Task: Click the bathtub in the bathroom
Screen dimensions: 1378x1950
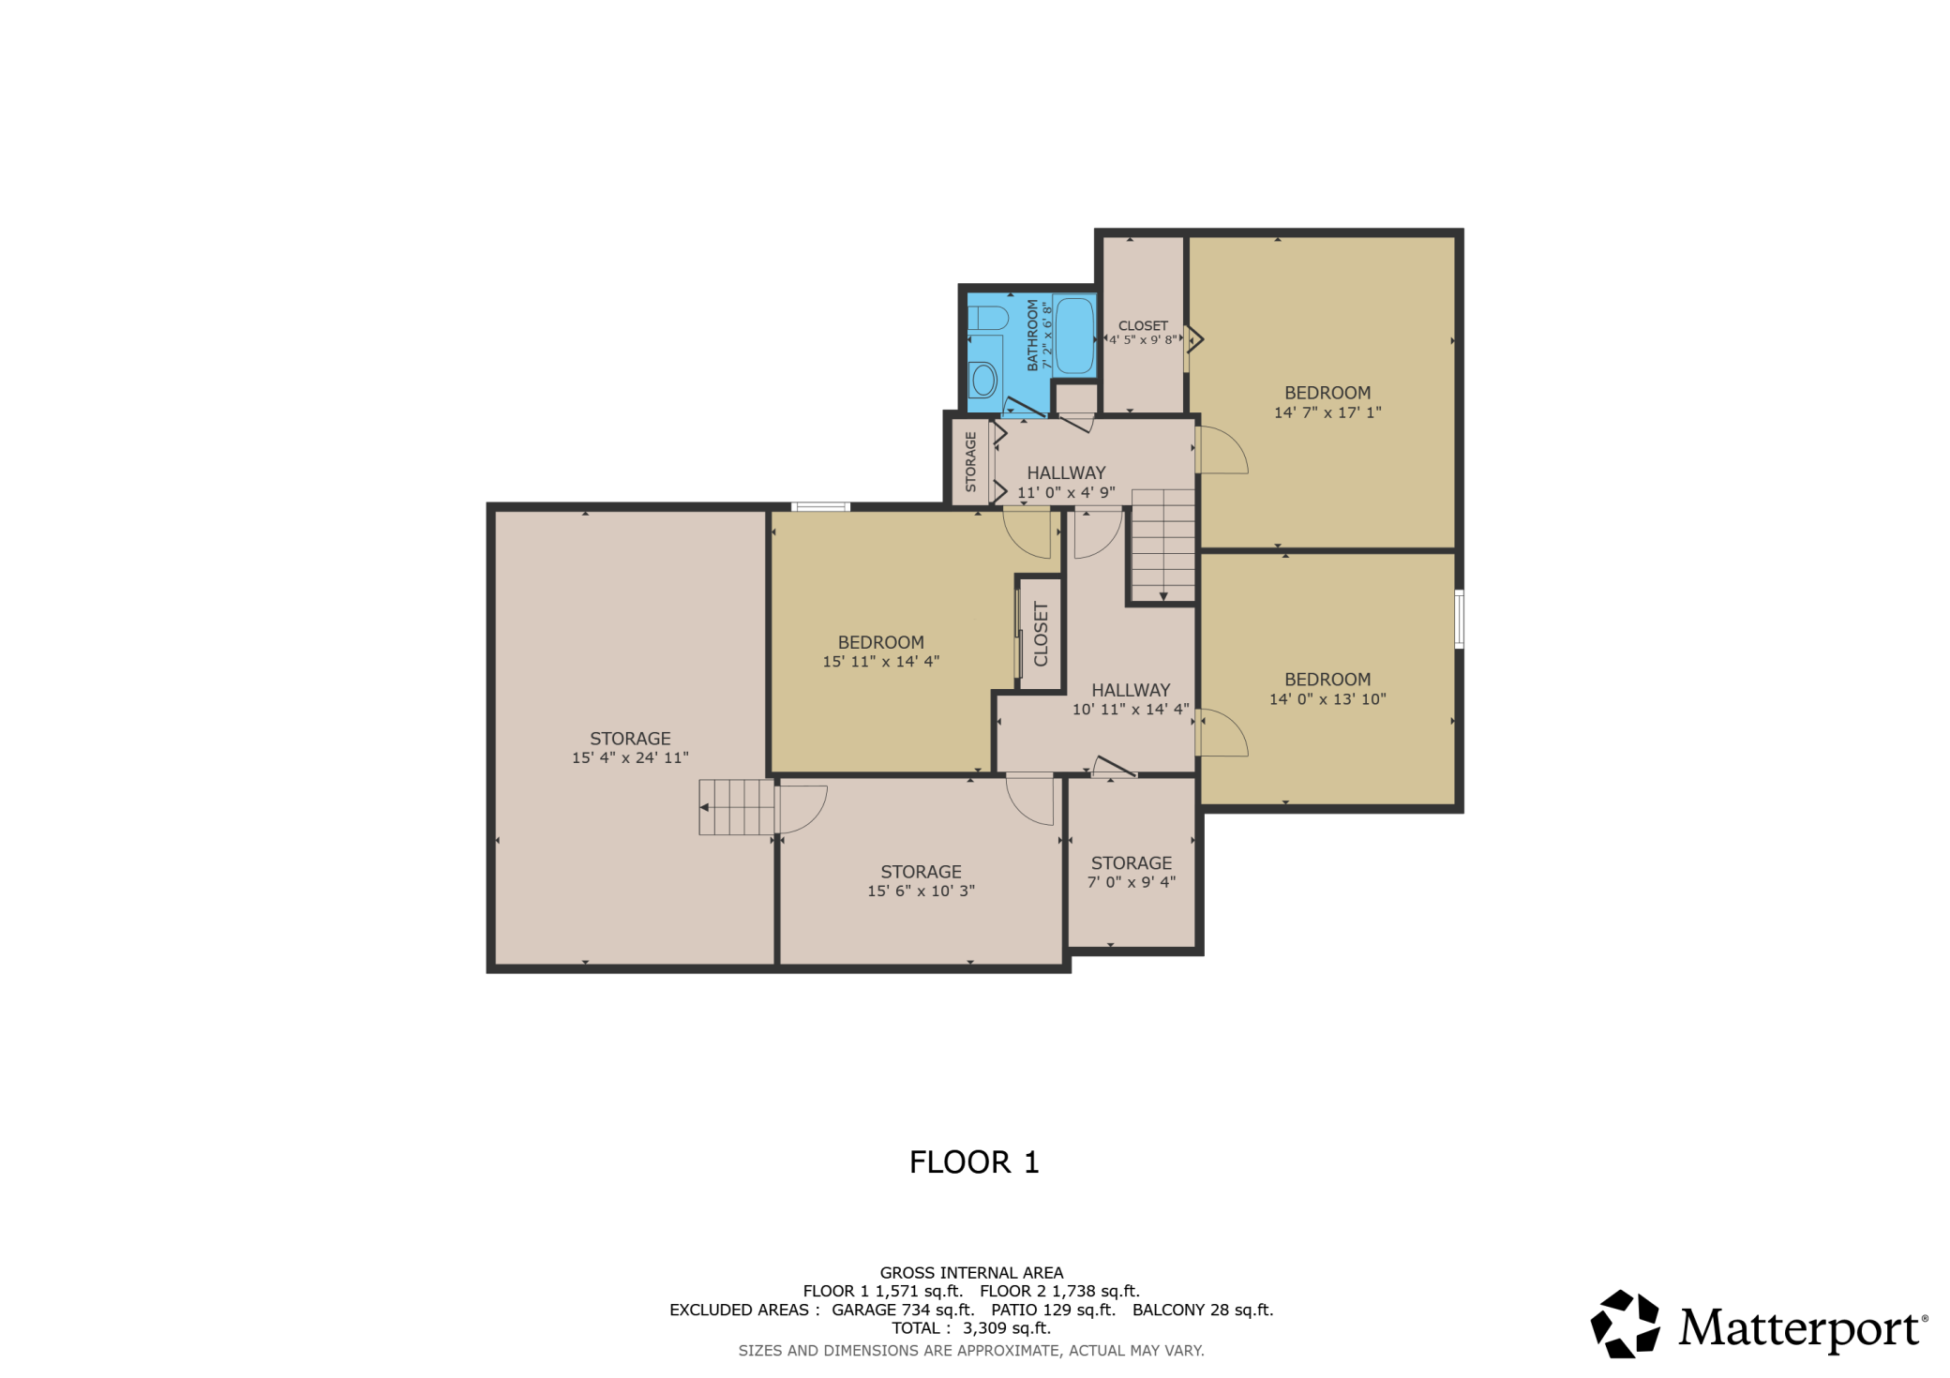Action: pyautogui.click(x=1074, y=337)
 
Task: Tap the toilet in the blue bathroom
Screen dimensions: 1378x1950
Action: pyautogui.click(x=988, y=317)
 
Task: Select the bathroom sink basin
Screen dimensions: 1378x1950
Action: pyautogui.click(x=982, y=380)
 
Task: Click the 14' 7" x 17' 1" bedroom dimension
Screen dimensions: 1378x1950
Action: pyautogui.click(x=1327, y=412)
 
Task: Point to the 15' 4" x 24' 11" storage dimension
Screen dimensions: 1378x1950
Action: pyautogui.click(x=630, y=757)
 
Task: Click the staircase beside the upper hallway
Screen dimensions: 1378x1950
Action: pyautogui.click(x=1162, y=544)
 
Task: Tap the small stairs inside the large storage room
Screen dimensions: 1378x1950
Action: pyautogui.click(x=736, y=807)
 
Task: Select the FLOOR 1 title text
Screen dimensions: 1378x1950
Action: pyautogui.click(x=974, y=1162)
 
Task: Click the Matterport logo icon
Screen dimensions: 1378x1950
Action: pyautogui.click(x=1625, y=1324)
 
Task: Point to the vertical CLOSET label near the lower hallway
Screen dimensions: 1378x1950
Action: pyautogui.click(x=1041, y=635)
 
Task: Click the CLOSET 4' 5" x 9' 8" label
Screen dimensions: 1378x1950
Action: pyautogui.click(x=1143, y=333)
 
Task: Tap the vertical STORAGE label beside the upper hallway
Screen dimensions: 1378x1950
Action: pyautogui.click(x=970, y=461)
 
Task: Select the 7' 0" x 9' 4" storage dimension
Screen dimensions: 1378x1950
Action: pyautogui.click(x=1131, y=882)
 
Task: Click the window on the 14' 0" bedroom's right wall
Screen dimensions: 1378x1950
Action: pyautogui.click(x=1459, y=619)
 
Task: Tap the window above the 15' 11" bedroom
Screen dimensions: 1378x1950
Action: pyautogui.click(x=820, y=507)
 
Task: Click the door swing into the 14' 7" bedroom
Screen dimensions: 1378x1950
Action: pyautogui.click(x=1222, y=451)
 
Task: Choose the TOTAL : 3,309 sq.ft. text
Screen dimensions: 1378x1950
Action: pyautogui.click(x=971, y=1328)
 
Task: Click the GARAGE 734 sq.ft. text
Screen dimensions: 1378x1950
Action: pyautogui.click(x=903, y=1310)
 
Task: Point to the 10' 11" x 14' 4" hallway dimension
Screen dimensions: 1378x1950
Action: pyautogui.click(x=1131, y=710)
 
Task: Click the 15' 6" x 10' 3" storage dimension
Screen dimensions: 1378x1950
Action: pyautogui.click(x=921, y=891)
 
